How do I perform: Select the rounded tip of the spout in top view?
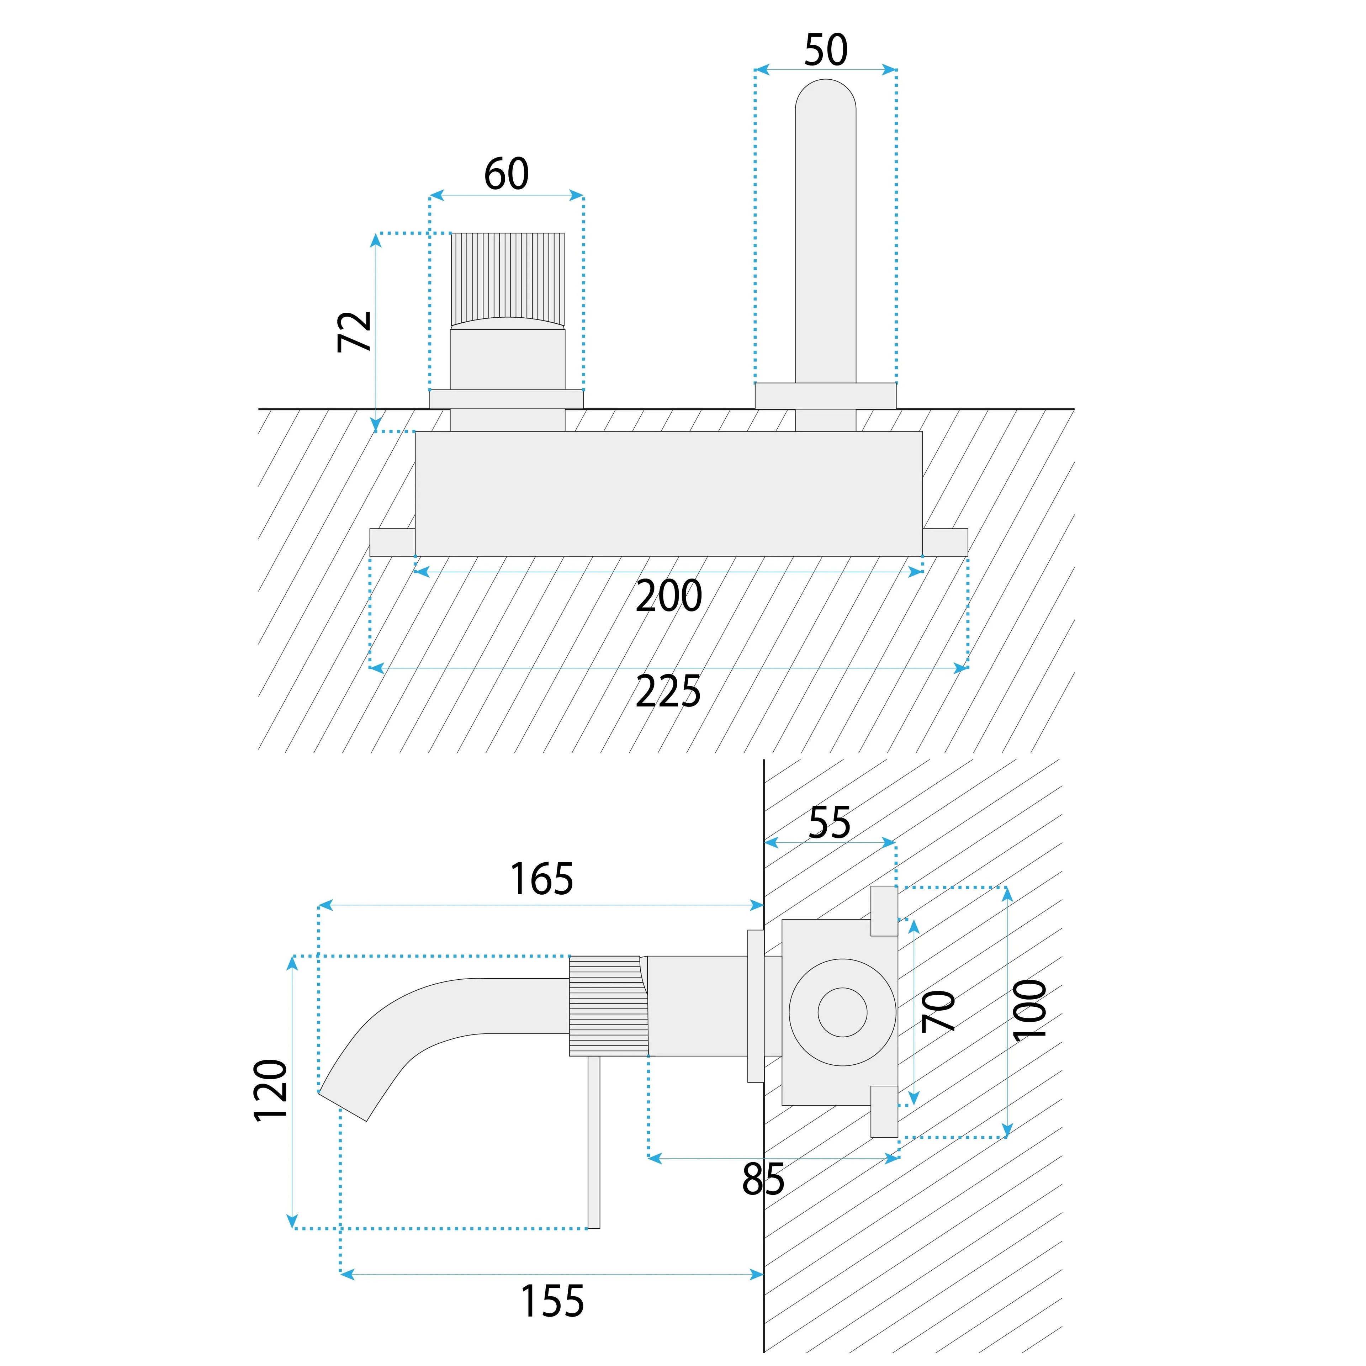pyautogui.click(x=826, y=95)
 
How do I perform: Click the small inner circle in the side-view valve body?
pyautogui.click(x=842, y=1012)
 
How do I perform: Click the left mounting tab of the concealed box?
pyautogui.click(x=392, y=542)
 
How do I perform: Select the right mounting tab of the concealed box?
pyautogui.click(x=945, y=542)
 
